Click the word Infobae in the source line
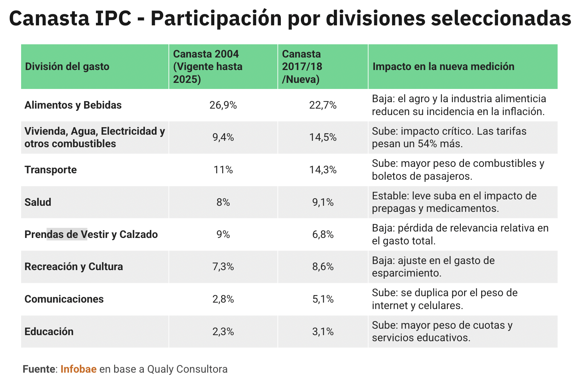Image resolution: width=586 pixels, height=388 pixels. point(78,369)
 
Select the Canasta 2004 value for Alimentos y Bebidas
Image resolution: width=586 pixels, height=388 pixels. point(223,105)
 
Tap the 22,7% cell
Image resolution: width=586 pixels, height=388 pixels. point(323,105)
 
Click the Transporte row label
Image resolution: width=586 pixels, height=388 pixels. point(50,170)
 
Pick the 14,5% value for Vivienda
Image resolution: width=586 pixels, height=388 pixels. point(323,138)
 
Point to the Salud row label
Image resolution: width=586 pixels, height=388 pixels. point(38,202)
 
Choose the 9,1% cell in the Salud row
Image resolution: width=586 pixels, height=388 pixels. point(323,203)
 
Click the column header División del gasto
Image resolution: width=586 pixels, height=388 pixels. point(67,66)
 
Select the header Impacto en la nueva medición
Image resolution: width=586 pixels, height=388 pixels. point(443,66)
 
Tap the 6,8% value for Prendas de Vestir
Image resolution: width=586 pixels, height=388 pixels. point(323,235)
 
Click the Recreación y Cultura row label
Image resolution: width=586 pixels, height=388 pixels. point(74,267)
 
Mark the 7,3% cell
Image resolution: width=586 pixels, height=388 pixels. point(223,267)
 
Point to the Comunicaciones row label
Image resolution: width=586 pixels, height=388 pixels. point(64,299)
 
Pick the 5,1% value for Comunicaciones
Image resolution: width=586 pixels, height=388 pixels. point(323,299)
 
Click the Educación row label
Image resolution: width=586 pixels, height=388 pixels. point(49,332)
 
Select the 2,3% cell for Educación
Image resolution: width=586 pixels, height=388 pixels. point(223,332)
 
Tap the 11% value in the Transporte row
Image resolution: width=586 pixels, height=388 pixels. point(223,170)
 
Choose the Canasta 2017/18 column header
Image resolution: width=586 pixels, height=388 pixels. point(302,66)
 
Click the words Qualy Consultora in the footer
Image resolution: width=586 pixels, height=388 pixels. point(187,369)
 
